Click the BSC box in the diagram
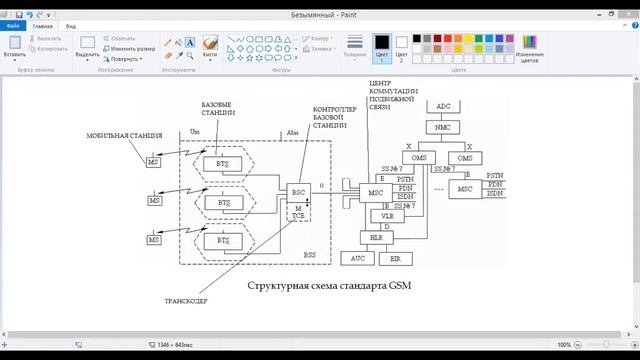pos(297,191)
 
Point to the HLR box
pos(377,237)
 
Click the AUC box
pos(357,258)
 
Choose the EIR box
pos(394,258)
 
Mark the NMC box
pos(443,128)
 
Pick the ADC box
pos(443,106)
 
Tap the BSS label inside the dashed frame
pos(310,255)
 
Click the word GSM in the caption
pos(397,286)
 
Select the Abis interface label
pos(292,132)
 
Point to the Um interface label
pos(194,132)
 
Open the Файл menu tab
pos(13,26)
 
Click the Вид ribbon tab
pos(71,26)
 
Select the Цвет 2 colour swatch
pos(402,46)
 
